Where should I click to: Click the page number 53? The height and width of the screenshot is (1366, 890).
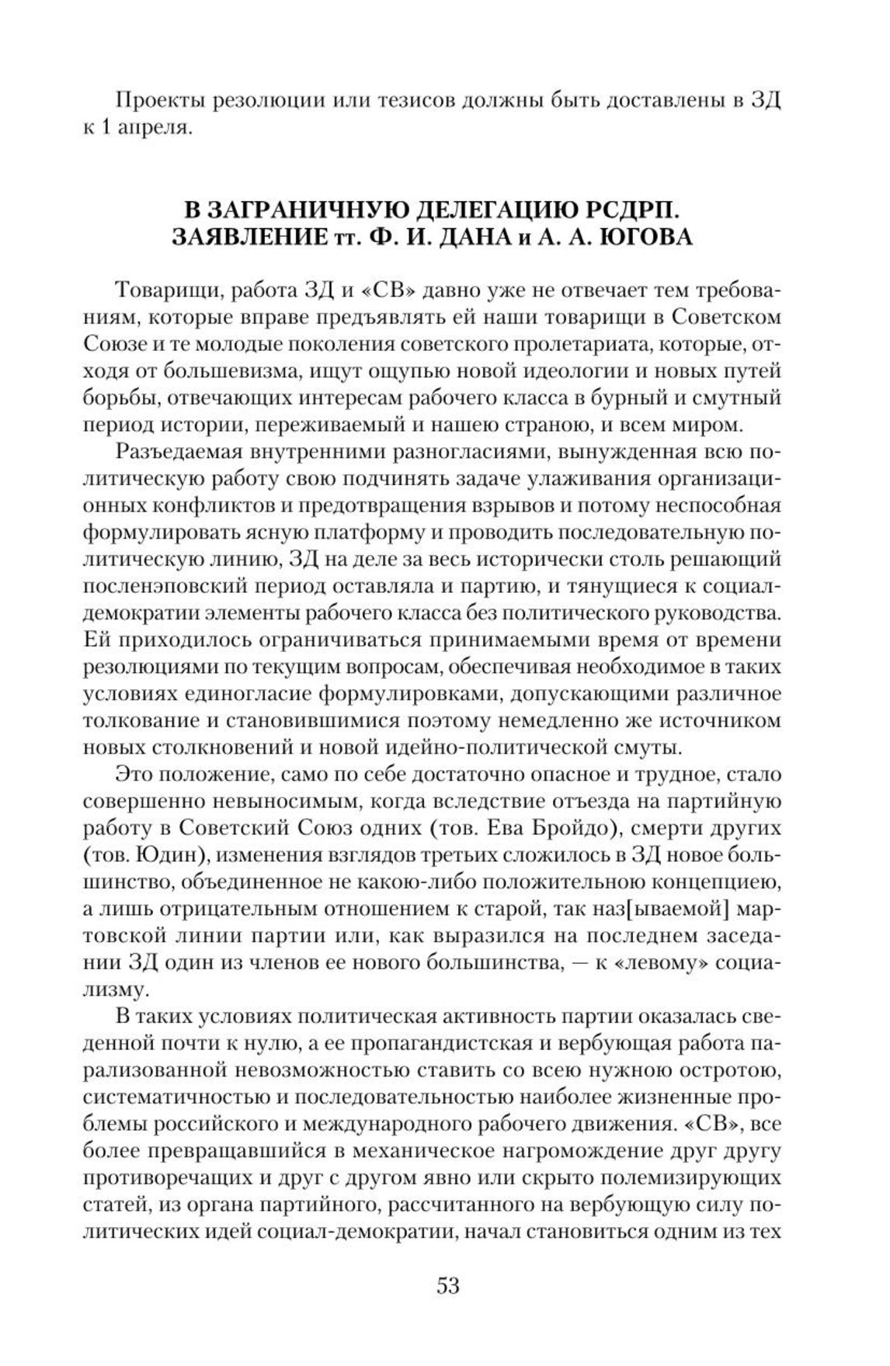click(x=448, y=1285)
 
